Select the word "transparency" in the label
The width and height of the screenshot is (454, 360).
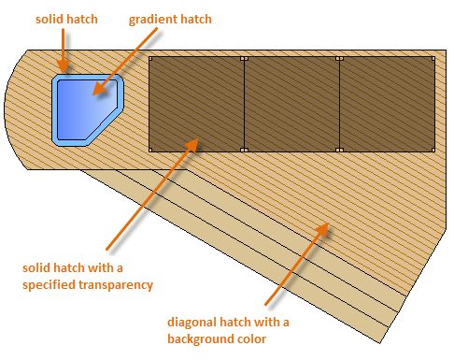pyautogui.click(x=116, y=285)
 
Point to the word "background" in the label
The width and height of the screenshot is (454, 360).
pyautogui.click(x=199, y=338)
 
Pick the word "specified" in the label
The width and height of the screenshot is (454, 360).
pyautogui.click(x=49, y=285)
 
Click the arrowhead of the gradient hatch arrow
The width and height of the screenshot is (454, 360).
pyautogui.click(x=100, y=88)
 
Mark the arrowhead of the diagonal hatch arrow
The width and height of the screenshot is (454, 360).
pyautogui.click(x=322, y=228)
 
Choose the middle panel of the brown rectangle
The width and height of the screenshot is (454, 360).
pyautogui.click(x=291, y=104)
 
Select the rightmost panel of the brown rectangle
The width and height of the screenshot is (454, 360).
pyautogui.click(x=387, y=104)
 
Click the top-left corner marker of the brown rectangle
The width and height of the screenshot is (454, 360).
pyautogui.click(x=150, y=58)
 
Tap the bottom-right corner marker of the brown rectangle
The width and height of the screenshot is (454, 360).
pyautogui.click(x=433, y=150)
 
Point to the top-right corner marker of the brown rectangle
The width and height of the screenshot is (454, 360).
pyautogui.click(x=433, y=58)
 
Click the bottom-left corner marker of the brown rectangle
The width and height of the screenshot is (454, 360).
pyautogui.click(x=150, y=150)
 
